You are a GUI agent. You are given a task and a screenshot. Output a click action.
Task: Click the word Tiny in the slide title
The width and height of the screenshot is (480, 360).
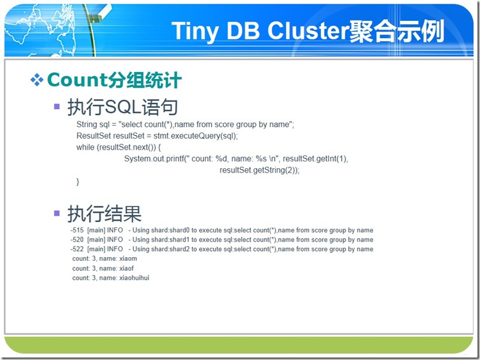tap(195, 31)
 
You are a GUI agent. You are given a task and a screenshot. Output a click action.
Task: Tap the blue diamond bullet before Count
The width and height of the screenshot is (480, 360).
tap(37, 80)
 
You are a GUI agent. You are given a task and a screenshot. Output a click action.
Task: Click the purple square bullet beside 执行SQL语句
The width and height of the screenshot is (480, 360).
tap(57, 107)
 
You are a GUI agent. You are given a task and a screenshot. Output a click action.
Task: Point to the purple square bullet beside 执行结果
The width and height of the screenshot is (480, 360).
tap(57, 213)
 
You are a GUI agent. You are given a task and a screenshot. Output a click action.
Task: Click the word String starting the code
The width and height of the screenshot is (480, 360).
tap(86, 125)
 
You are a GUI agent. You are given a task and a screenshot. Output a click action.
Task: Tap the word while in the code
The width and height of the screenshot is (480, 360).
tap(85, 147)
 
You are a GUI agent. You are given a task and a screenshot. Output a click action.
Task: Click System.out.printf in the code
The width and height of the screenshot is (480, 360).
tap(154, 159)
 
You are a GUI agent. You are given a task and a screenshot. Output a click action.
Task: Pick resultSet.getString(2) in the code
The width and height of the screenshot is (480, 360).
tap(258, 170)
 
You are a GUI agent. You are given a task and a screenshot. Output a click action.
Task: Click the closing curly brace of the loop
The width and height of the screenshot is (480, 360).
tap(78, 182)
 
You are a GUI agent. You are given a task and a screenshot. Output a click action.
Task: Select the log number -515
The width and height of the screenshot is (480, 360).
tap(77, 230)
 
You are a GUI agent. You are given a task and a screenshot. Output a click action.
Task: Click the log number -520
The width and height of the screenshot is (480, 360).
tap(77, 240)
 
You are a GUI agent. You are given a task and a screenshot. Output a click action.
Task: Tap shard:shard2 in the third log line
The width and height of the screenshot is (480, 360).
tap(170, 249)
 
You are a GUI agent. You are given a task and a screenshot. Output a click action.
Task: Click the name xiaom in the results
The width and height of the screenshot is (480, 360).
tap(128, 258)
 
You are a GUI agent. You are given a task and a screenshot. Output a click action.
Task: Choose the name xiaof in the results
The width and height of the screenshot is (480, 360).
tap(126, 268)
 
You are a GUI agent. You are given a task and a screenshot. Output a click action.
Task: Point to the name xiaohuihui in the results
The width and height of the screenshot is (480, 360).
tap(134, 278)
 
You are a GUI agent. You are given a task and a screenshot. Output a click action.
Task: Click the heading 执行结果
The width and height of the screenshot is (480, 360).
tap(104, 213)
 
